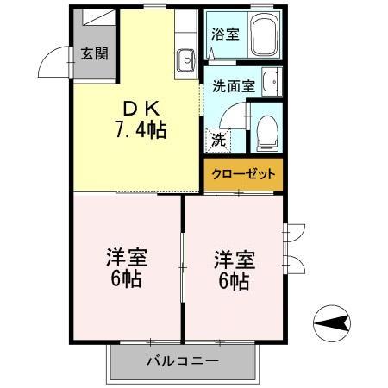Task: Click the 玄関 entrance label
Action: (95, 53)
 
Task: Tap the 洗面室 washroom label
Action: (233, 86)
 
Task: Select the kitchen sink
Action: (185, 60)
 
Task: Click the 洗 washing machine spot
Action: (219, 138)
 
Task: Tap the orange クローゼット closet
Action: (244, 173)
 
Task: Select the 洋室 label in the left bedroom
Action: (126, 258)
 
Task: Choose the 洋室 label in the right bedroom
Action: (235, 258)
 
